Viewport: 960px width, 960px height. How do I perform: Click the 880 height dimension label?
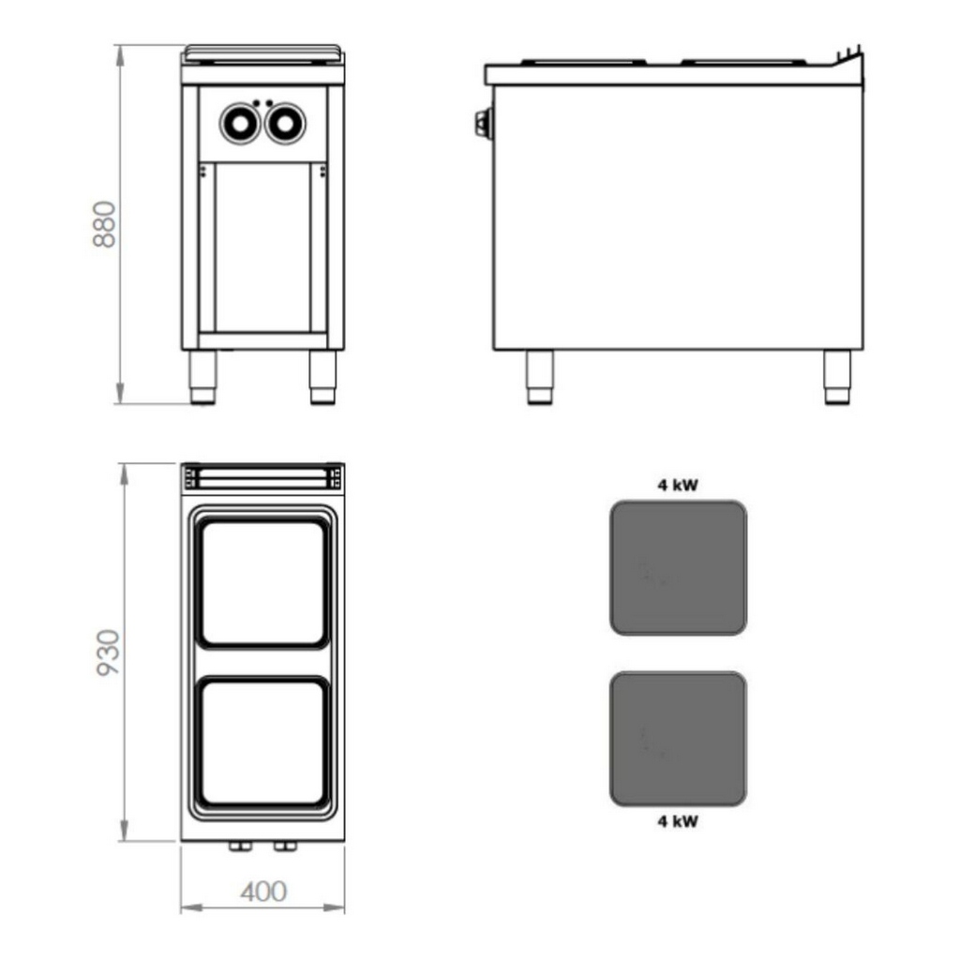pos(105,225)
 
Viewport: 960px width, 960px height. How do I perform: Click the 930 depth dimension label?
pos(109,652)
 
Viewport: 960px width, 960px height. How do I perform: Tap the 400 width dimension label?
pos(263,892)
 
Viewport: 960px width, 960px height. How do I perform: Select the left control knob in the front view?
pos(240,124)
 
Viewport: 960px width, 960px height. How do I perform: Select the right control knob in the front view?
pos(285,124)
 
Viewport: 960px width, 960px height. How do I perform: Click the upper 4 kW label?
pos(678,486)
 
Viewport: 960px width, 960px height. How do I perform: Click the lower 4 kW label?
pos(678,821)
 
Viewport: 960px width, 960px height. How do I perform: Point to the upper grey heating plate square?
pos(679,567)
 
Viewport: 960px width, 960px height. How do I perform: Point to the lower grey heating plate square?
pos(679,739)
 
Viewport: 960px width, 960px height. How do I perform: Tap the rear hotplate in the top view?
pos(262,583)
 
